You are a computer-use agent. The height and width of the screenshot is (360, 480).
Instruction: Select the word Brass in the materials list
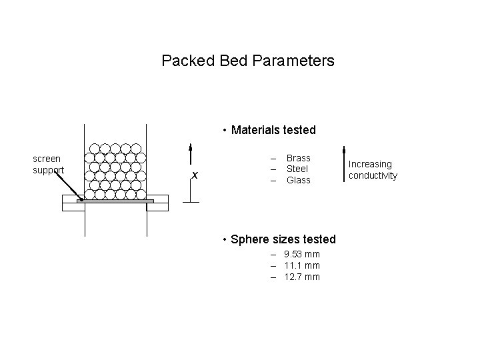point(298,158)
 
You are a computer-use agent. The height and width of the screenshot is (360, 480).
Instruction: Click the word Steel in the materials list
point(297,169)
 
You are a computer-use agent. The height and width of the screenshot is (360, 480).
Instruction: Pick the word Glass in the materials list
point(298,180)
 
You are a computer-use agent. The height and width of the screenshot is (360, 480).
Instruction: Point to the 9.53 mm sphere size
point(301,254)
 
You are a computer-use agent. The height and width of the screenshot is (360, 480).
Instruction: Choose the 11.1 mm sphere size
point(301,265)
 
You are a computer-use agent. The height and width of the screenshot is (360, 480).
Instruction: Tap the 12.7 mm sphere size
point(301,277)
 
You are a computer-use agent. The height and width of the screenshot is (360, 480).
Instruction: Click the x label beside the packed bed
point(195,175)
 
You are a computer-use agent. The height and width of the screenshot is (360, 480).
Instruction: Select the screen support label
point(48,164)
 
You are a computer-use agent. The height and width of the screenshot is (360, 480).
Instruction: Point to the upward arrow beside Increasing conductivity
point(343,163)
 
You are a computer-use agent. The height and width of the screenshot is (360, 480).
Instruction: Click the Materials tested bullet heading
point(273,129)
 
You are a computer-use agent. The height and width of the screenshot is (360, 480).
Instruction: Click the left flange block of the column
point(73,203)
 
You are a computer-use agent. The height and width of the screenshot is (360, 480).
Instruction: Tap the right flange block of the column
point(157,203)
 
